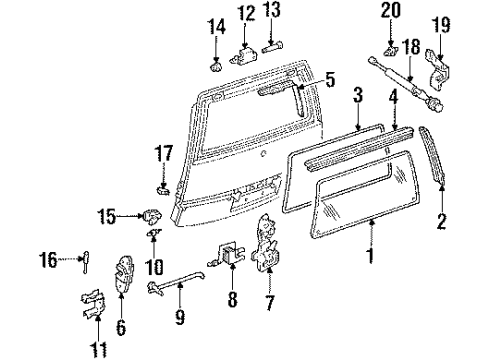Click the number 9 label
click(181, 319)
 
